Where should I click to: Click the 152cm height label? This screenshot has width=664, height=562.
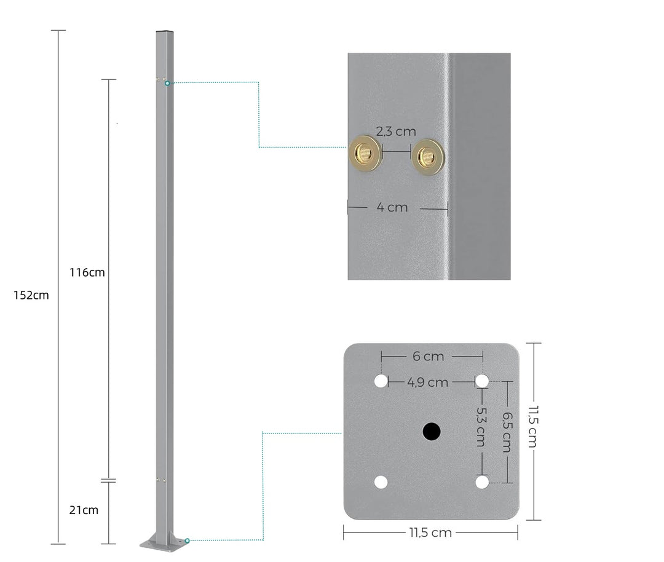[x=31, y=295]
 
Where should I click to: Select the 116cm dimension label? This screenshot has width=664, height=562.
[x=87, y=272]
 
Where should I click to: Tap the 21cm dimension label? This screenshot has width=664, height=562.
[x=84, y=510]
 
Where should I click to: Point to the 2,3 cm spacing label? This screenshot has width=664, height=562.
[x=396, y=131]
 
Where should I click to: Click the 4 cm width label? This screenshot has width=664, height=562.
[x=392, y=207]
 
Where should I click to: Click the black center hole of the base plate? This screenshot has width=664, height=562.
[x=431, y=432]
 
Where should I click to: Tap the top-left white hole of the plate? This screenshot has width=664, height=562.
[x=381, y=381]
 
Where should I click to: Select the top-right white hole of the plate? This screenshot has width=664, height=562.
[x=482, y=381]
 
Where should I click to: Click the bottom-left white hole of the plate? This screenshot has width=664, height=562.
[x=381, y=482]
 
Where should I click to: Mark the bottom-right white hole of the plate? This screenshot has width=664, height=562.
[x=482, y=482]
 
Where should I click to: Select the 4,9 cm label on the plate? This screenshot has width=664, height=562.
[x=428, y=382]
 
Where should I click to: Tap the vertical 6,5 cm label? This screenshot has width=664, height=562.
[x=506, y=432]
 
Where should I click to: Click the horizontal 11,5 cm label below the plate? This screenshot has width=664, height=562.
[x=430, y=532]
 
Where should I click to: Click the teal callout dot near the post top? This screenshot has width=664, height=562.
[x=167, y=82]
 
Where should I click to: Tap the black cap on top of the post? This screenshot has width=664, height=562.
[x=164, y=31]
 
